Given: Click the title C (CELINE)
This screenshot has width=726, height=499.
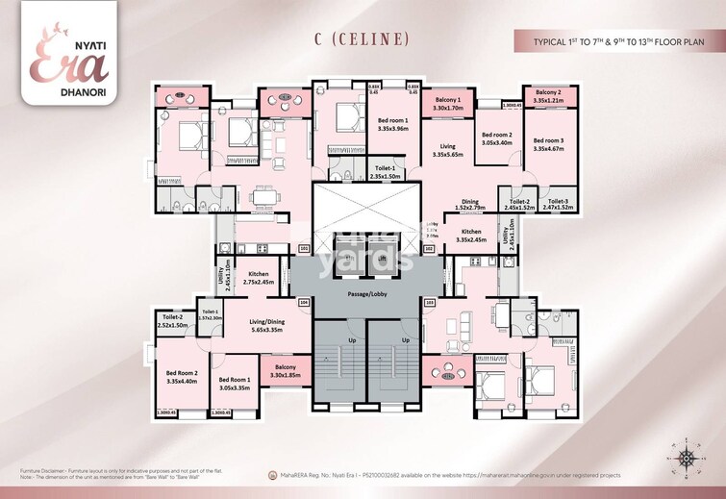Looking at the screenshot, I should click(362, 39).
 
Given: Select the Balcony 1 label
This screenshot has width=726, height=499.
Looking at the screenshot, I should click(448, 105).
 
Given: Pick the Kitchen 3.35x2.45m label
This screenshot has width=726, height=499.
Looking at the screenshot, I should click(469, 236).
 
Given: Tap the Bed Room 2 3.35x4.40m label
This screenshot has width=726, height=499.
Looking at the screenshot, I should click(182, 377).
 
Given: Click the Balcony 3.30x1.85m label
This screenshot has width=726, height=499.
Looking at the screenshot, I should click(286, 372).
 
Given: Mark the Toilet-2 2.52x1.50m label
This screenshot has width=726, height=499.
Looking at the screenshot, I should click(174, 321).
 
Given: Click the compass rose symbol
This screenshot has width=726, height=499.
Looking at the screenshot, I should click(688, 460).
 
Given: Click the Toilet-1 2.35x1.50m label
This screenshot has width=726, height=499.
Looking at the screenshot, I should click(388, 173).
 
